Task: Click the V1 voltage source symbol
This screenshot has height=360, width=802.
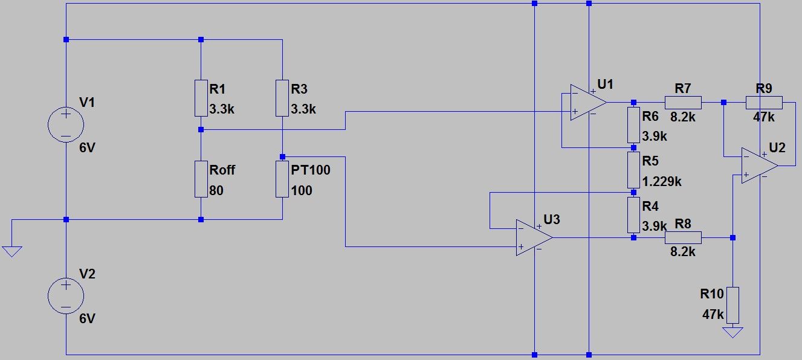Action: point(66,124)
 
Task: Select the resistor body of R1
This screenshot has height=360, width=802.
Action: point(201,98)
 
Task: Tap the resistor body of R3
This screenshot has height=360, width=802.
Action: point(282,98)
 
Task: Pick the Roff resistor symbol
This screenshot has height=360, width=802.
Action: point(201,179)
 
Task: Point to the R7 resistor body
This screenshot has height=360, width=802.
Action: point(683,102)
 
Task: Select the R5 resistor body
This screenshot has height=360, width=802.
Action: point(633,170)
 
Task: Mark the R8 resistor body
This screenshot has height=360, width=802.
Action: point(683,237)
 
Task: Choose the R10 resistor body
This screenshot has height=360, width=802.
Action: point(732,305)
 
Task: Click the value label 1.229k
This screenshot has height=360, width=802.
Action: point(662,181)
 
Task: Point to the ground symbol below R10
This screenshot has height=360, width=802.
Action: point(732,332)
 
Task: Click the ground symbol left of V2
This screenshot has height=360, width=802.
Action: point(11,250)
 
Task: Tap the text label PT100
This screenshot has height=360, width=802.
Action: point(311,170)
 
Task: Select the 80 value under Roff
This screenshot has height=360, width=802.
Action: point(216,191)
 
